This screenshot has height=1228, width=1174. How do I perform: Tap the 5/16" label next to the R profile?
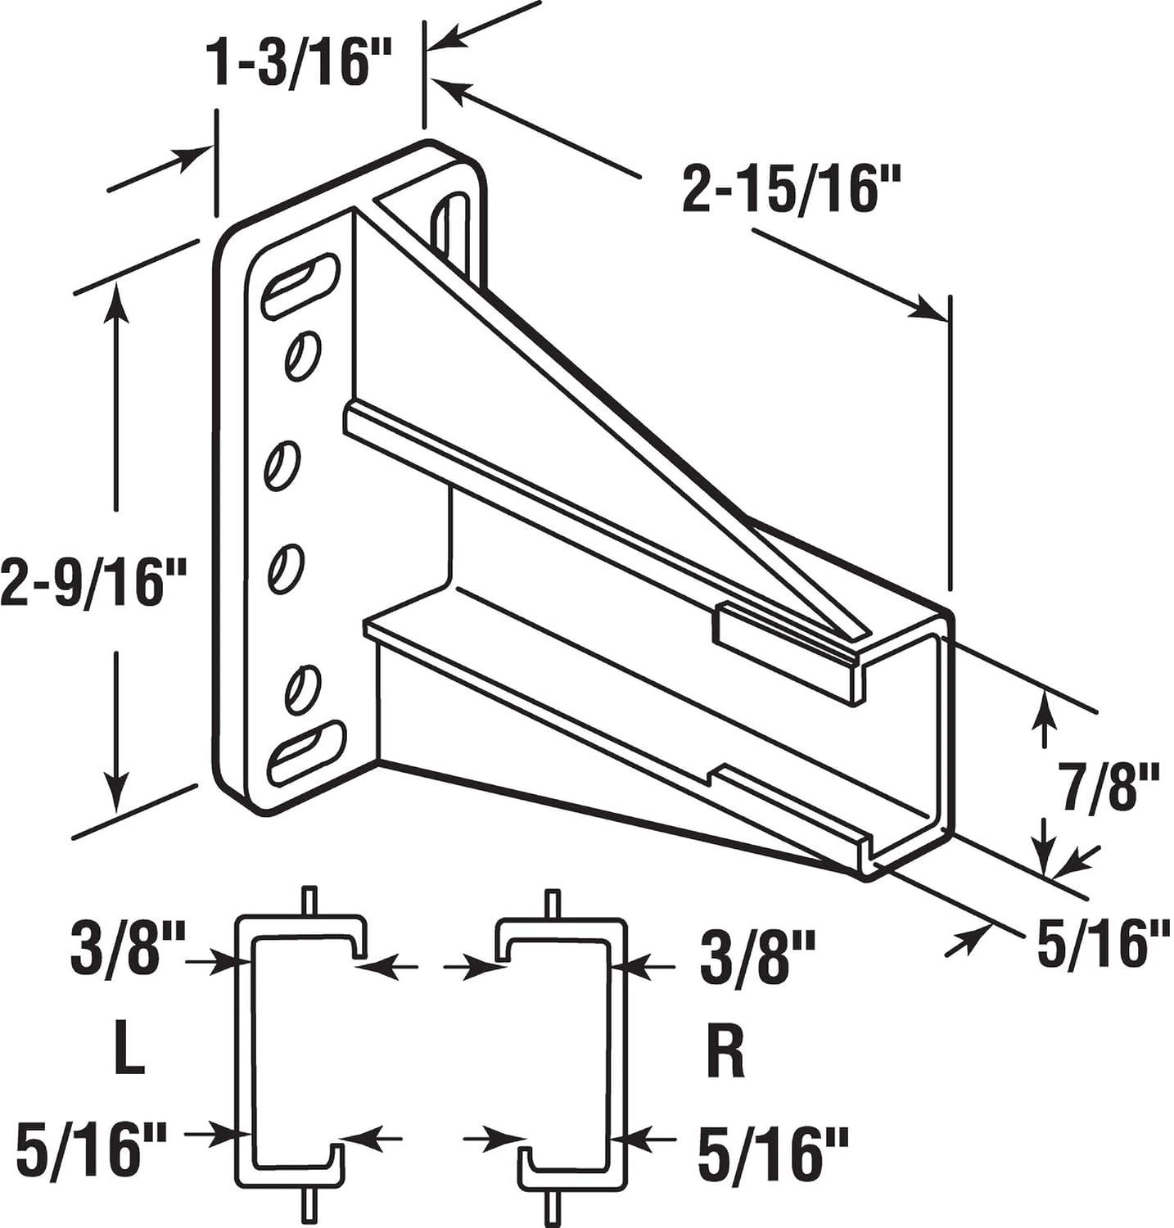point(771,1149)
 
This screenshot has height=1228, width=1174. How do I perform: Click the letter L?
point(129,1054)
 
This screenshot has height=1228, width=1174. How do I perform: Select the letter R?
point(725,1054)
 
